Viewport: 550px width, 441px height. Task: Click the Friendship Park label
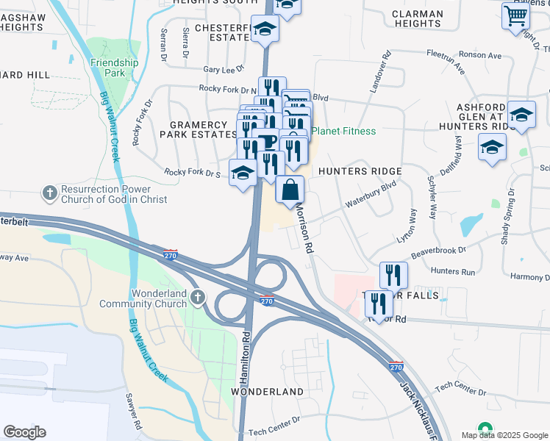tap(114, 68)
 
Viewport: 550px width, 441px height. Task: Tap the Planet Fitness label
tap(343, 132)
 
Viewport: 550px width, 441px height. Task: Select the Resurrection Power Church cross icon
tap(49, 193)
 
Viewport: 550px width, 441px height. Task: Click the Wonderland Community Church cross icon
tap(196, 298)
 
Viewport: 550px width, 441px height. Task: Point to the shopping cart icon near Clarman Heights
tap(516, 15)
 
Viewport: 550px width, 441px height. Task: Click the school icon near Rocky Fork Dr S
tap(243, 173)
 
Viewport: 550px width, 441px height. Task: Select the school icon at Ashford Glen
tap(521, 114)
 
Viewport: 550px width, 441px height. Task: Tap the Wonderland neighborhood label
tap(268, 392)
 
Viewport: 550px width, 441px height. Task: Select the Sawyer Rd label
tap(133, 412)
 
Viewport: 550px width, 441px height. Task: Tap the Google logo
tap(24, 432)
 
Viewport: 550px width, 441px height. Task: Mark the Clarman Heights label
tap(417, 18)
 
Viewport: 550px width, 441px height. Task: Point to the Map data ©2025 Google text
tap(504, 435)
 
